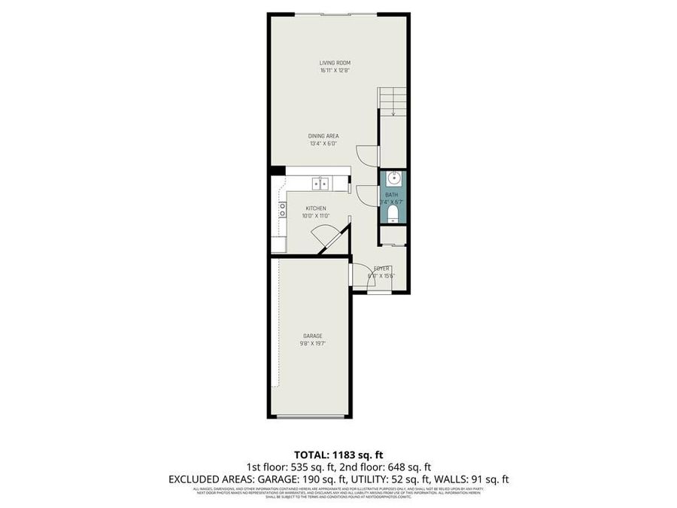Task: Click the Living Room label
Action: tap(335, 62)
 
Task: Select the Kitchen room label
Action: tap(315, 208)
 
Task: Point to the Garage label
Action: tap(313, 336)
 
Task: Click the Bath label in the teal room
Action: tap(391, 195)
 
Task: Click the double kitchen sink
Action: tap(321, 183)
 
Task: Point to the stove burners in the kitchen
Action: tap(282, 209)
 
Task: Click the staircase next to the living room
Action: tap(392, 102)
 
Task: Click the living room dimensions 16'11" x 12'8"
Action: tap(335, 71)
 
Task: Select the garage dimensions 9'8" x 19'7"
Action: tap(313, 344)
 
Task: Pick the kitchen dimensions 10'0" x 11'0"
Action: tap(315, 216)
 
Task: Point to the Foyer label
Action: tap(382, 269)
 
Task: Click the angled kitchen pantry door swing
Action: tap(330, 239)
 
